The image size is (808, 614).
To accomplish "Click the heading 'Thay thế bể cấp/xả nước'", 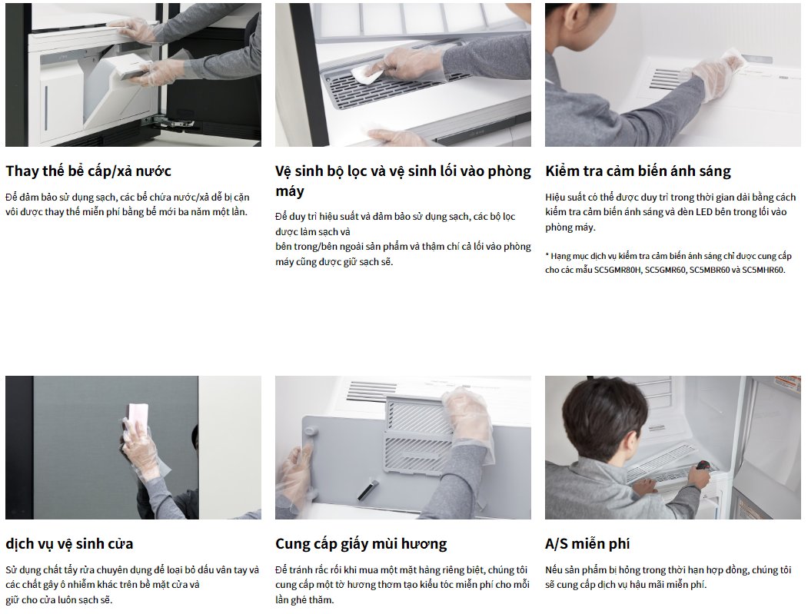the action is (x=88, y=171).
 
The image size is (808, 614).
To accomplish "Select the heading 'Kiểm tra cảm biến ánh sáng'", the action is (x=638, y=171).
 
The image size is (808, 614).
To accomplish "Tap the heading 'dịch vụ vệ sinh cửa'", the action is (x=69, y=544).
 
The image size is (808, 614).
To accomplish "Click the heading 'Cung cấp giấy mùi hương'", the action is (x=361, y=544).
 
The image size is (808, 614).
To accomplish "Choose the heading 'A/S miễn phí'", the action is (x=587, y=544).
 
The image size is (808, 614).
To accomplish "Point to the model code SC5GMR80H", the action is (x=617, y=270).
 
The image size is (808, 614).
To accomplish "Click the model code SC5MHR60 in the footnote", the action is (x=763, y=270).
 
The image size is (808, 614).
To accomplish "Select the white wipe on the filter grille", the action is (x=367, y=75).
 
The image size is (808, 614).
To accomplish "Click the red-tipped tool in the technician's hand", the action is (x=702, y=466).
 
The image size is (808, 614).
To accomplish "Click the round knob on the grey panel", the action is (x=311, y=433).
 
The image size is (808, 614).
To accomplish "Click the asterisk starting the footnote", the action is (x=547, y=255).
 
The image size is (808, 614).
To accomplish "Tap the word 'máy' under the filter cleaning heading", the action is (x=290, y=191).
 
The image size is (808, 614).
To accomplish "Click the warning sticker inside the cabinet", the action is (x=786, y=383).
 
